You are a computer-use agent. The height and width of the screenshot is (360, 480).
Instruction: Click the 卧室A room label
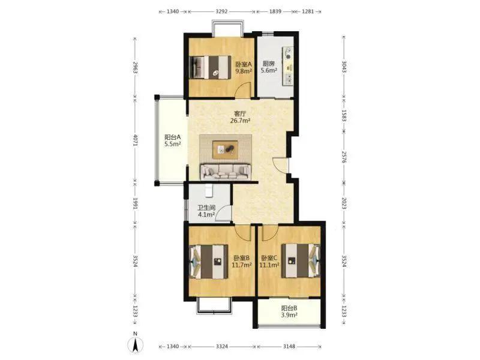point(244,64)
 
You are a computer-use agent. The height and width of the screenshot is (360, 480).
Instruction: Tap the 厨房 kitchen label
point(268,64)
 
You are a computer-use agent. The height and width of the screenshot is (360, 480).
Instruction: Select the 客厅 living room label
point(241,113)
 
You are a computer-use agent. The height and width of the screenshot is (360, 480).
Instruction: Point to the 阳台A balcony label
point(173,137)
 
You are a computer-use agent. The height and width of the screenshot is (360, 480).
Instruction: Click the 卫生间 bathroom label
point(206,208)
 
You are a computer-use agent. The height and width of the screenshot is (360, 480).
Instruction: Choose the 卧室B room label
point(242,258)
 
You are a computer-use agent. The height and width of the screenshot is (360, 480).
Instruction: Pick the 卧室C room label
point(269,258)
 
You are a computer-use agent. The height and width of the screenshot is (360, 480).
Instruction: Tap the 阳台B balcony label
point(289,308)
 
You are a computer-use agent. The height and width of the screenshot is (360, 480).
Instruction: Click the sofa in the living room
point(226,172)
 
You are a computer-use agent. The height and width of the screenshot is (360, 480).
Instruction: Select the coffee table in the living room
point(226,149)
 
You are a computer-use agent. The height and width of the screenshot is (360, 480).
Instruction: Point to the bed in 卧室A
point(210,67)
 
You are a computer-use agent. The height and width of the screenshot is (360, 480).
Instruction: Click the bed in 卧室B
point(209,261)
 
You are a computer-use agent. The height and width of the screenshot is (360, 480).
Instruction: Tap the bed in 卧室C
point(301,260)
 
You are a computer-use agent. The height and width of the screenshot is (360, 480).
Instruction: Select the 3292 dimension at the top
point(221,11)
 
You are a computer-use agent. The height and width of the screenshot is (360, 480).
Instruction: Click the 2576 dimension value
point(344,157)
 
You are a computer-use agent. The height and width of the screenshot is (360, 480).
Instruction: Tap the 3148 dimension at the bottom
point(289,346)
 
